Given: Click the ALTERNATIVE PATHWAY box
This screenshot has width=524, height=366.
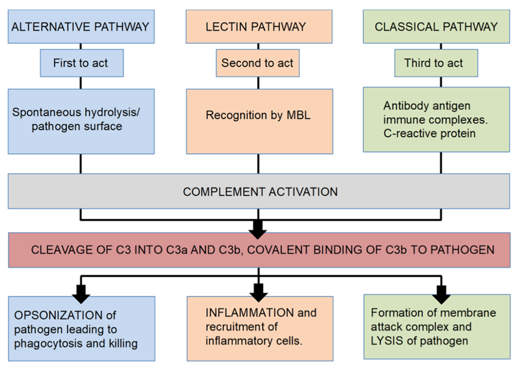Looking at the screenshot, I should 81,27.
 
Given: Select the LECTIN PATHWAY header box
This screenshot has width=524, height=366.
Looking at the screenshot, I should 259,27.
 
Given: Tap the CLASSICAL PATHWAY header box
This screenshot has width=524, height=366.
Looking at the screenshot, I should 436,27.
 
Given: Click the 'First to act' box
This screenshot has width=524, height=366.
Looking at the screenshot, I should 81,63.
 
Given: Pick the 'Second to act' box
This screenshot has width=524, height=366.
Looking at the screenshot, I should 257,63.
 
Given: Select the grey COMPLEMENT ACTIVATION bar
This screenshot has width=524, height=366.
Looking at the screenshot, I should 259,191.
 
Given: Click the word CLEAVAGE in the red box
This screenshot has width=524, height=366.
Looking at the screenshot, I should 57,250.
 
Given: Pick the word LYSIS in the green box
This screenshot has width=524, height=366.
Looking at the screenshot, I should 386,341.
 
